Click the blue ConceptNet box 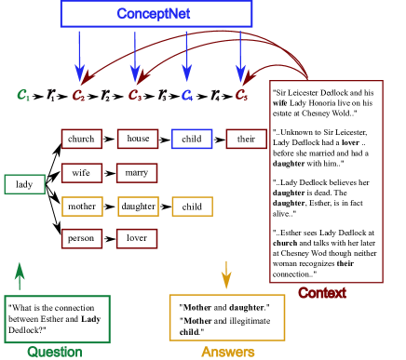point(156,13)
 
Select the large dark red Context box point(326,181)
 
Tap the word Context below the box point(321,293)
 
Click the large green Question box point(57,319)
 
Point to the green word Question point(54,352)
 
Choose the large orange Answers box point(226,317)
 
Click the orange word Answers point(227,352)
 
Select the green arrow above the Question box point(19,276)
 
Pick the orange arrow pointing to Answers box point(225,274)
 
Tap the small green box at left point(24,184)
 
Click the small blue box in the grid point(192,140)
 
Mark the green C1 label point(23,95)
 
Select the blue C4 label point(187,95)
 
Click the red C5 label point(241,95)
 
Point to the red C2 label point(79,95)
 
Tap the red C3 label point(135,95)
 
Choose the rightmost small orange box point(192,207)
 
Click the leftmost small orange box point(82,207)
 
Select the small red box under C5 point(246,140)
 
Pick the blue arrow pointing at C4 point(186,56)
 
